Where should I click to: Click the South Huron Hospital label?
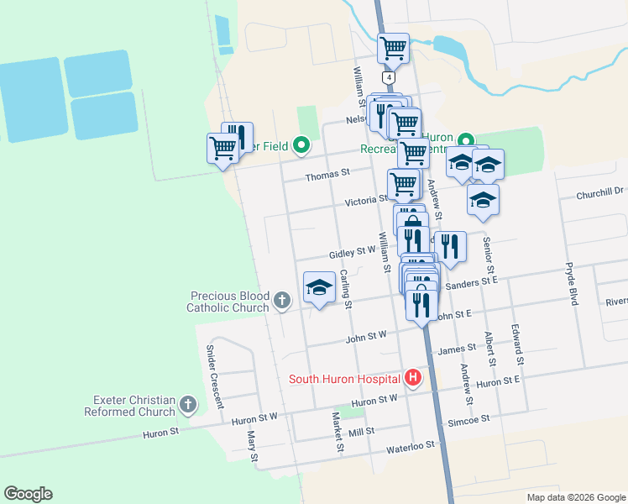[344, 378]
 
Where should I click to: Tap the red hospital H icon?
[412, 378]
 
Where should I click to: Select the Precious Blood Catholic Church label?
[229, 302]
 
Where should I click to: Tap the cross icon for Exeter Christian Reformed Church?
[187, 406]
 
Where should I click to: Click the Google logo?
[28, 494]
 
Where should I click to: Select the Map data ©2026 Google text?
[575, 497]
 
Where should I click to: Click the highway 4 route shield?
[389, 77]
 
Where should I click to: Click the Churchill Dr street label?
[601, 193]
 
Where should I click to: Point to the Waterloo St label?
[411, 448]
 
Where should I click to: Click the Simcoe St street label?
[469, 419]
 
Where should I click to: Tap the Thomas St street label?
[327, 176]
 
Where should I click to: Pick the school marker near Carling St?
[319, 288]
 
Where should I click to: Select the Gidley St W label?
[352, 251]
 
